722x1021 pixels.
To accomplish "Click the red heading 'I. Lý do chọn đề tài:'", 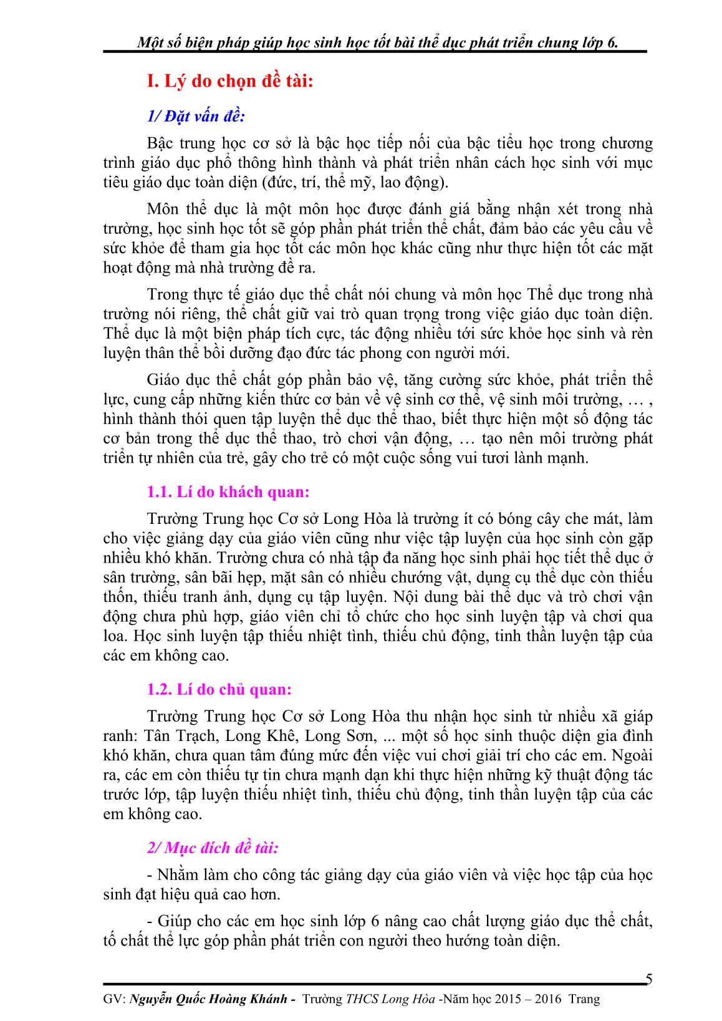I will point(229,81).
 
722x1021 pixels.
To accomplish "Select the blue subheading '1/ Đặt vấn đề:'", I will point(196,116).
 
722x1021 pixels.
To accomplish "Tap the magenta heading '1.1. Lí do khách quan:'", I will point(228,492).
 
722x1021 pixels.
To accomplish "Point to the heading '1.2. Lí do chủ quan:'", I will point(219,689).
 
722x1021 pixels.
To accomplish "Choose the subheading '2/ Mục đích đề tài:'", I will point(213,848).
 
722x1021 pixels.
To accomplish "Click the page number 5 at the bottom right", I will point(649,979).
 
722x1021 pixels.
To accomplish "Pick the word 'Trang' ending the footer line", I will point(584,999).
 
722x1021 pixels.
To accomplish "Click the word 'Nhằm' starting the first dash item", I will point(178,874).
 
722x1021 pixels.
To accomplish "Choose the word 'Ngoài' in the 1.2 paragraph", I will point(632,755).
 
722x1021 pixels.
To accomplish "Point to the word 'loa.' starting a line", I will point(116,636).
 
